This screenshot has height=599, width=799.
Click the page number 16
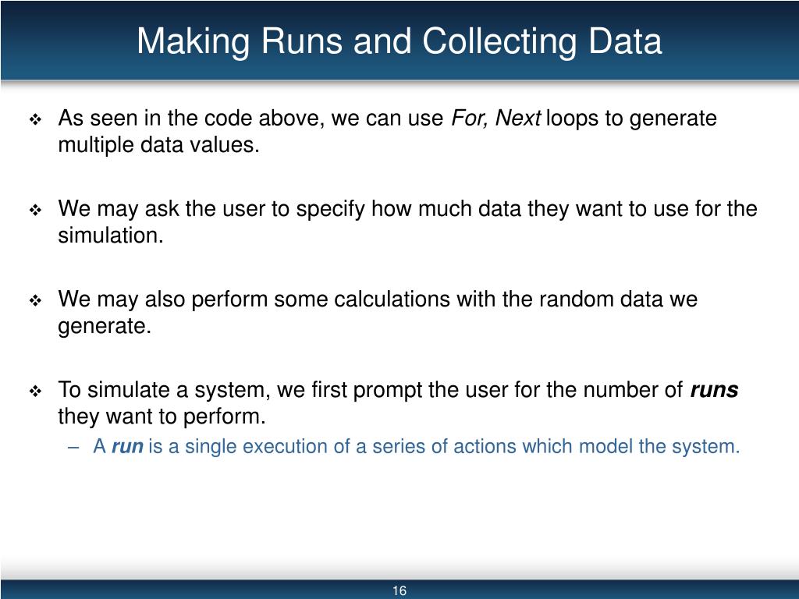pos(399,590)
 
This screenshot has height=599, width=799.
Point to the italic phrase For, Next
pos(496,119)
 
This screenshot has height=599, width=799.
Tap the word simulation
pos(110,236)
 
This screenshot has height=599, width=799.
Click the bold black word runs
pos(714,390)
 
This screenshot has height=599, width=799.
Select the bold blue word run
pos(127,447)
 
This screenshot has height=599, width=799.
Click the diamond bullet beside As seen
pos(36,120)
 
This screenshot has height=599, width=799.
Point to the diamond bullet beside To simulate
pos(36,392)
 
